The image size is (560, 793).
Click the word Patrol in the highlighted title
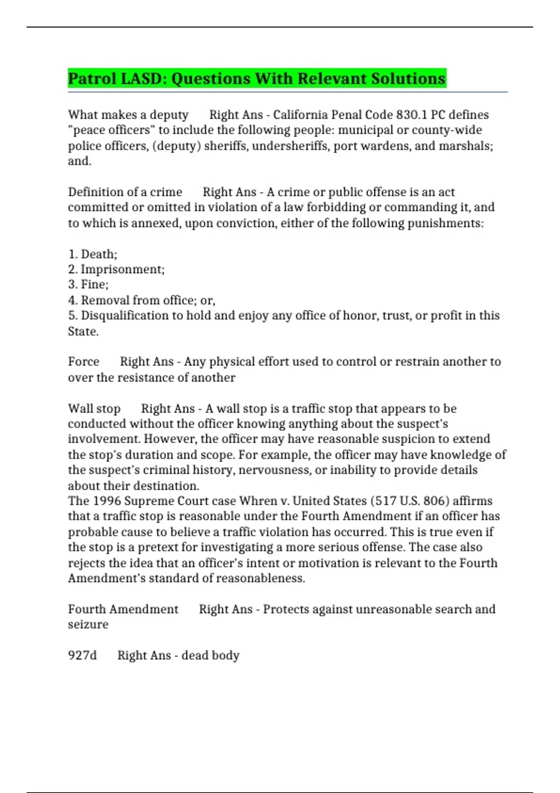point(92,78)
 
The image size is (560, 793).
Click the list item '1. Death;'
point(92,254)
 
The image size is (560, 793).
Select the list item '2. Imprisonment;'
point(116,270)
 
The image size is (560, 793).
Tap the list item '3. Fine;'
point(88,285)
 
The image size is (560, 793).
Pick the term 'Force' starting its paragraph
point(84,362)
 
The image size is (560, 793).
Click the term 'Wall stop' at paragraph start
point(94,409)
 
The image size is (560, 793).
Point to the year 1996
point(107,501)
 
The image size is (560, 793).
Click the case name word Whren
point(257,501)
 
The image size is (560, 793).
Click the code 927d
point(82,655)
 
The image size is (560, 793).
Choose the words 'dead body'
point(210,655)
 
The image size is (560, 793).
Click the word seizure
point(88,625)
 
